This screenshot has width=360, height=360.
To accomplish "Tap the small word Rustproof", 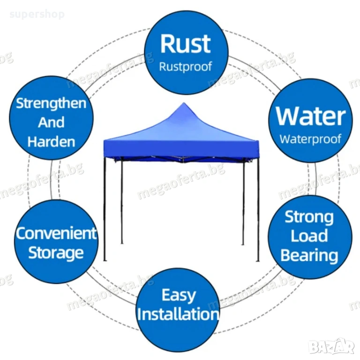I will [x=186, y=67].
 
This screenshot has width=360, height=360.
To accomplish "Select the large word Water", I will [x=311, y=117].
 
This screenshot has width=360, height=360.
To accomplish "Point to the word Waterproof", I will [x=311, y=139].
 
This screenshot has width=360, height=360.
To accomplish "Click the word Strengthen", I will [x=51, y=104].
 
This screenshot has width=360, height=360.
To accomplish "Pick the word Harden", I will [x=51, y=142].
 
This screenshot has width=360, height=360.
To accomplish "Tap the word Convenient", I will [x=56, y=233].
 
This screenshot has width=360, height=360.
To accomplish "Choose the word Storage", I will [x=56, y=253].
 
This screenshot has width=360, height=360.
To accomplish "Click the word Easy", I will [x=179, y=295].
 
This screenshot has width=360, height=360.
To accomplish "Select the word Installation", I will [x=179, y=314].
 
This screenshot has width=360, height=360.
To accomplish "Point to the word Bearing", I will [x=309, y=255].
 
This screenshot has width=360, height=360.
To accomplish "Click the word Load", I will [x=309, y=236].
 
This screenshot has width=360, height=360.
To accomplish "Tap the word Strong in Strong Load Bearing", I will [x=309, y=217].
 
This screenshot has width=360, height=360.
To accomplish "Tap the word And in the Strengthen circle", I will [x=51, y=123].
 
